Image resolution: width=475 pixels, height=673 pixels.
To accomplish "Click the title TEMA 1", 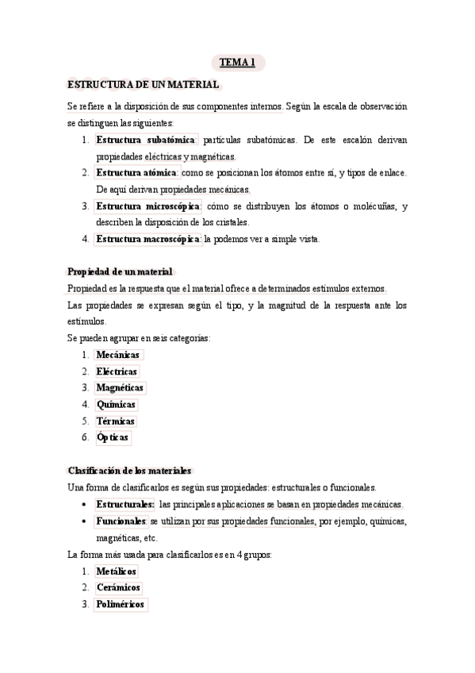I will [x=237, y=63].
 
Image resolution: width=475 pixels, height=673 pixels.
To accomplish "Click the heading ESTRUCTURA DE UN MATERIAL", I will [x=144, y=84].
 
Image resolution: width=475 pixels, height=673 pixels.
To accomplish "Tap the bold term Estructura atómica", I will [x=137, y=172].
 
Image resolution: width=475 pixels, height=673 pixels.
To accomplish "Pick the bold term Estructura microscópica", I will [x=148, y=206].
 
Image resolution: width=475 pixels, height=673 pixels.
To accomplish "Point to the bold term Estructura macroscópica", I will [x=148, y=239].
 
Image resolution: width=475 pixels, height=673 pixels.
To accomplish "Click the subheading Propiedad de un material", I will [x=120, y=271].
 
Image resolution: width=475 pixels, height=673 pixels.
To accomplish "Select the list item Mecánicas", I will [x=117, y=355].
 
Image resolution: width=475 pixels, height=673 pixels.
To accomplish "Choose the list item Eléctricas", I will [x=117, y=371].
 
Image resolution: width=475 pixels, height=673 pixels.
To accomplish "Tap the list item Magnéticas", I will [x=120, y=388].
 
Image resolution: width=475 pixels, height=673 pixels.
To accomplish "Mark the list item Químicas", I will [x=116, y=405].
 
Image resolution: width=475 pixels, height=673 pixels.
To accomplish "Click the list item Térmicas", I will [x=115, y=421].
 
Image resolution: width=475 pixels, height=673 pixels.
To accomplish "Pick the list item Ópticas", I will [x=113, y=438].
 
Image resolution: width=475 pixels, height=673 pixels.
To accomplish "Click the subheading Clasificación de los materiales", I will [x=130, y=471].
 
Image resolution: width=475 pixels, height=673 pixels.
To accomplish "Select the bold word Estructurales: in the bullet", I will [x=125, y=505].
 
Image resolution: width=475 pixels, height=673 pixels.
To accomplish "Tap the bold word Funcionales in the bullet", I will [x=121, y=521].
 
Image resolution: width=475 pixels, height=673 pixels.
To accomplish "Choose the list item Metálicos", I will [x=116, y=571].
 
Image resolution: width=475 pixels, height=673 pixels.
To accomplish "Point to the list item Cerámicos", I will [x=118, y=588].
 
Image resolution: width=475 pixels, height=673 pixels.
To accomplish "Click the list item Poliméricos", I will [x=120, y=605].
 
